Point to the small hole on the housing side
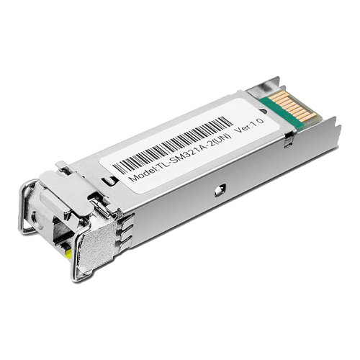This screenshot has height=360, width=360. tap(218, 191)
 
